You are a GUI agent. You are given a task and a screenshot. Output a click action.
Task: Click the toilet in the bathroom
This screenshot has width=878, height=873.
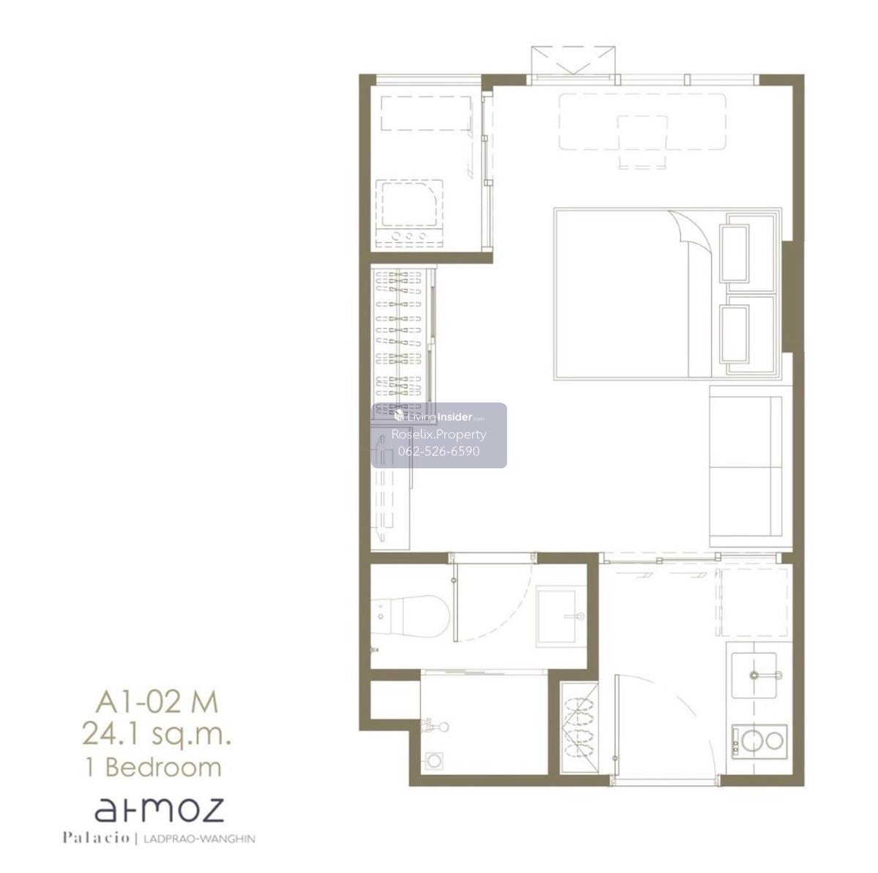pos(410,616)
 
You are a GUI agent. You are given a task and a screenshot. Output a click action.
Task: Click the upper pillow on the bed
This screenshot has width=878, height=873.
pos(734,253)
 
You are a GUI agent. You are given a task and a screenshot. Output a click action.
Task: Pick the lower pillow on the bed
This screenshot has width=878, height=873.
pos(734,334)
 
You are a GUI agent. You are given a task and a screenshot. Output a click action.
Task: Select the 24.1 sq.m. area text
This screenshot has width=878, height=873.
pos(157,734)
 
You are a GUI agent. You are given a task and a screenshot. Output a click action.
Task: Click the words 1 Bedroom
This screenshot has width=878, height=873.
pos(154,767)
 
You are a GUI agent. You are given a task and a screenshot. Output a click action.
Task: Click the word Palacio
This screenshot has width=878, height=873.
pos(96,838)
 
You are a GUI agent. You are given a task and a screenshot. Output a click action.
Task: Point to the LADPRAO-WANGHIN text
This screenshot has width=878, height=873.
pos(199,839)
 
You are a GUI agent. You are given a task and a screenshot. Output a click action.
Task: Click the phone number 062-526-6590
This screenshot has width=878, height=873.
pos(439,452)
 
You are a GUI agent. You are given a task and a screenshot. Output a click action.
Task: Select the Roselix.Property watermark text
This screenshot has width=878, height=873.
pos(439,434)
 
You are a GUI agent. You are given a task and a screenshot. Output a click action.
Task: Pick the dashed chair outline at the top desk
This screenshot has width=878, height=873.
pos(642,142)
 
